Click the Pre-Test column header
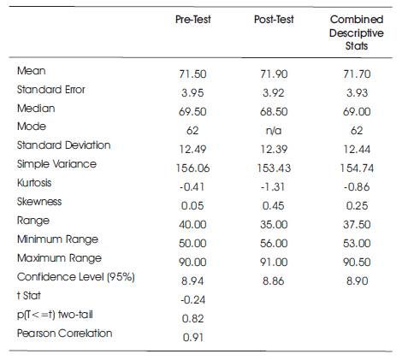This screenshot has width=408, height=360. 193,20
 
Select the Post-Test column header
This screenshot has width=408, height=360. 274,20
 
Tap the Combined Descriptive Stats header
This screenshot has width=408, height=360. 357,32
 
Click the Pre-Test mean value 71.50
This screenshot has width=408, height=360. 192,74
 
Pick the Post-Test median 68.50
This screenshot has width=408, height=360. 274,111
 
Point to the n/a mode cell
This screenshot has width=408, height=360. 274,131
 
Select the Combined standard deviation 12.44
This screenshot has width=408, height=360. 357,149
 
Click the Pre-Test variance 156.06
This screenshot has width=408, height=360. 192,168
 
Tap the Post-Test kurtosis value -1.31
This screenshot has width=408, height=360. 273,186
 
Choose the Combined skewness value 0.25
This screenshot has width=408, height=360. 357,205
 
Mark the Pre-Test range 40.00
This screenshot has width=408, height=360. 192,224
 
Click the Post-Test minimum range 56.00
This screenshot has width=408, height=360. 274,243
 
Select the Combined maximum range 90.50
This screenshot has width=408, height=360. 357,262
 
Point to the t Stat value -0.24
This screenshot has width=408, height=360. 192,299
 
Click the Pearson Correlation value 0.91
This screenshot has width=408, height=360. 192,337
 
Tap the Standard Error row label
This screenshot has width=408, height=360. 51,90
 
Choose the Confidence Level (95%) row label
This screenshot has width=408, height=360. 76,277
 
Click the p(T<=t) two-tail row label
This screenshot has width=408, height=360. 55,315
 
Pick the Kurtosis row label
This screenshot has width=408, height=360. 34,183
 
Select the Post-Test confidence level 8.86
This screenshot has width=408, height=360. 273,280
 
